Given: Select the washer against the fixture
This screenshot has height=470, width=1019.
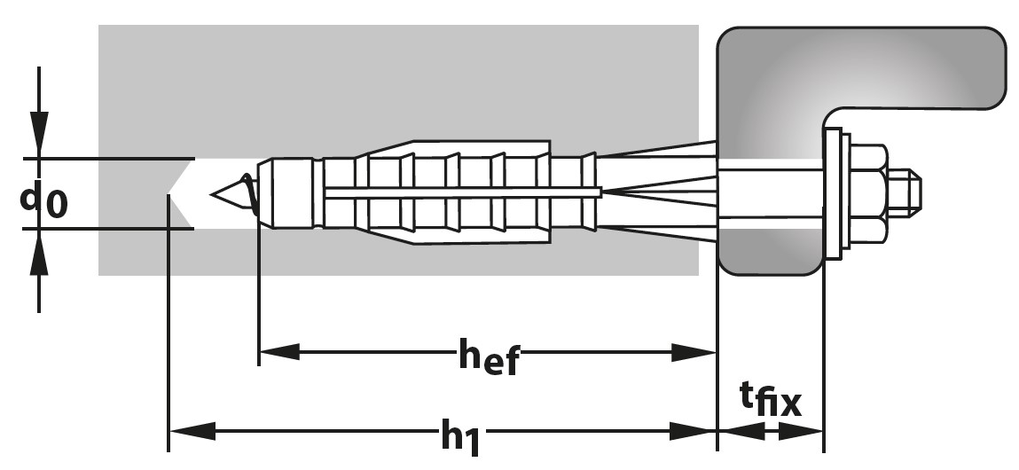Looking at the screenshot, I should coord(832,193).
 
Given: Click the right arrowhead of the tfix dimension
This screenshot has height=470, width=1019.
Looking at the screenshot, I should coord(803,433).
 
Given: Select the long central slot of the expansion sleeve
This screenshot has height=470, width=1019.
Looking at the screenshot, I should coord(461,191).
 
